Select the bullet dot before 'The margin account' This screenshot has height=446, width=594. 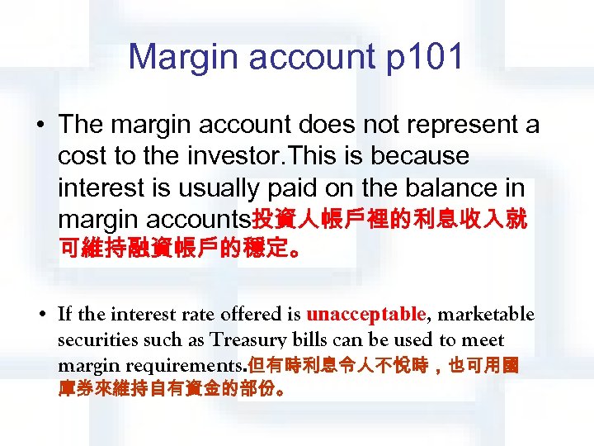click(x=40, y=126)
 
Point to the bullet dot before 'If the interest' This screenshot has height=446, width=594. click(x=40, y=316)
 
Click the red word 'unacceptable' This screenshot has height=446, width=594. click(x=365, y=315)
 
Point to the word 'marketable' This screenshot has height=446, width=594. click(x=486, y=315)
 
